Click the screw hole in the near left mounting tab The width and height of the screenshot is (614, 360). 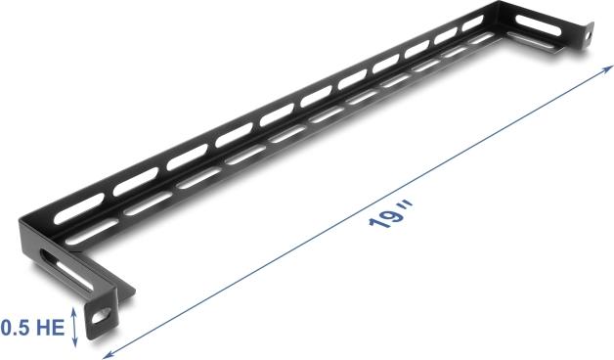[x=101, y=317]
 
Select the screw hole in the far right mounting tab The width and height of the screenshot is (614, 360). [x=590, y=37]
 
